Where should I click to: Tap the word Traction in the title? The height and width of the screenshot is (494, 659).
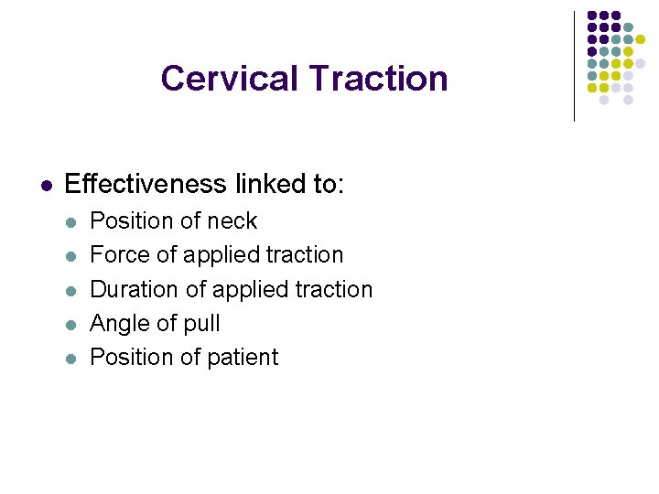pyautogui.click(x=378, y=79)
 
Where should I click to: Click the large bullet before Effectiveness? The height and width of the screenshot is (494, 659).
pyautogui.click(x=45, y=185)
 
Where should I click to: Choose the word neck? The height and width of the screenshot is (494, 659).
pyautogui.click(x=232, y=221)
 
